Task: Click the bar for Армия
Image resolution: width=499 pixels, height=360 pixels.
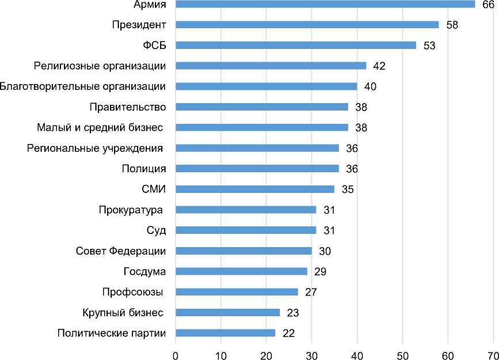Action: [325, 5]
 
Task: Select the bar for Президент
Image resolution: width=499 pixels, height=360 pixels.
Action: [307, 25]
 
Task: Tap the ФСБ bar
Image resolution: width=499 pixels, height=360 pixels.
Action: [295, 46]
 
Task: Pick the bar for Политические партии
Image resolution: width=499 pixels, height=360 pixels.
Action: [225, 333]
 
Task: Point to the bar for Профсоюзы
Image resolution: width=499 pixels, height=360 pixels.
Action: [237, 292]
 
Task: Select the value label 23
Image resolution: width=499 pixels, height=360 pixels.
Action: [292, 313]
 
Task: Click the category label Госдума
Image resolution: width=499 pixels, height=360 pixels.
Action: [145, 271]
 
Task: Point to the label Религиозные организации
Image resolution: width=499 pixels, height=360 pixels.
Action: [100, 66]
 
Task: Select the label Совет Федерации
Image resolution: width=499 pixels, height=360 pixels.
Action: [121, 251]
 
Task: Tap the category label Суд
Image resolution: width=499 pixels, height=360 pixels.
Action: [156, 230]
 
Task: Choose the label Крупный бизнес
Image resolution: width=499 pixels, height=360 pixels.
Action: [123, 313]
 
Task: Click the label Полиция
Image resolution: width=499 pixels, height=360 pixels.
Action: [144, 169]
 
